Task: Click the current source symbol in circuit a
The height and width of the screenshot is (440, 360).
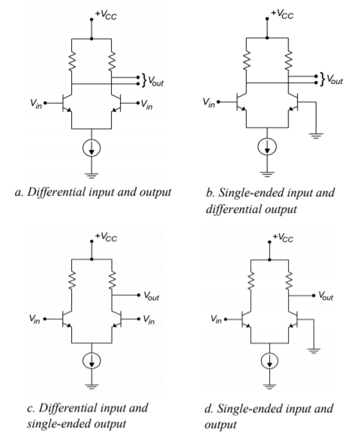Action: [91, 148]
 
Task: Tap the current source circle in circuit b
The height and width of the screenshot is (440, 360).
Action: [267, 146]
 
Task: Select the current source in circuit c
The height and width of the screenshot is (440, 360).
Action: [91, 361]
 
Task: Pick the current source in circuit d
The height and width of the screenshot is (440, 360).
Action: [269, 361]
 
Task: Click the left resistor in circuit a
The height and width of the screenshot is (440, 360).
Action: [72, 60]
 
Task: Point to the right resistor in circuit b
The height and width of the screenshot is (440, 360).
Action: [289, 59]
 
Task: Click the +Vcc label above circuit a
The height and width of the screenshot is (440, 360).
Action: [106, 14]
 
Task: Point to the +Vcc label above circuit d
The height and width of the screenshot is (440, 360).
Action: [283, 238]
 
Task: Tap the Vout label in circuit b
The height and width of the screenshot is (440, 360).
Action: [335, 79]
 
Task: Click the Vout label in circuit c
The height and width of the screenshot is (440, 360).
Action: [151, 296]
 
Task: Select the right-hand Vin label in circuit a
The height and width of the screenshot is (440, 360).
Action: [146, 105]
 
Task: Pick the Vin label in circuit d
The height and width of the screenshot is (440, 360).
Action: [216, 319]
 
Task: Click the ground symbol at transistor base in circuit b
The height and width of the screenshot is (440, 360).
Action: [316, 136]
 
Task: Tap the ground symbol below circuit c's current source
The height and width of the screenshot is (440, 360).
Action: [91, 386]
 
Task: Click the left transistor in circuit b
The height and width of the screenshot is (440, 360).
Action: [241, 102]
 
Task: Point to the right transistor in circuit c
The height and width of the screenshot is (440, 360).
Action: [117, 319]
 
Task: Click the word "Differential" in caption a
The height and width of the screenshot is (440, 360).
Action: [56, 192]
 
